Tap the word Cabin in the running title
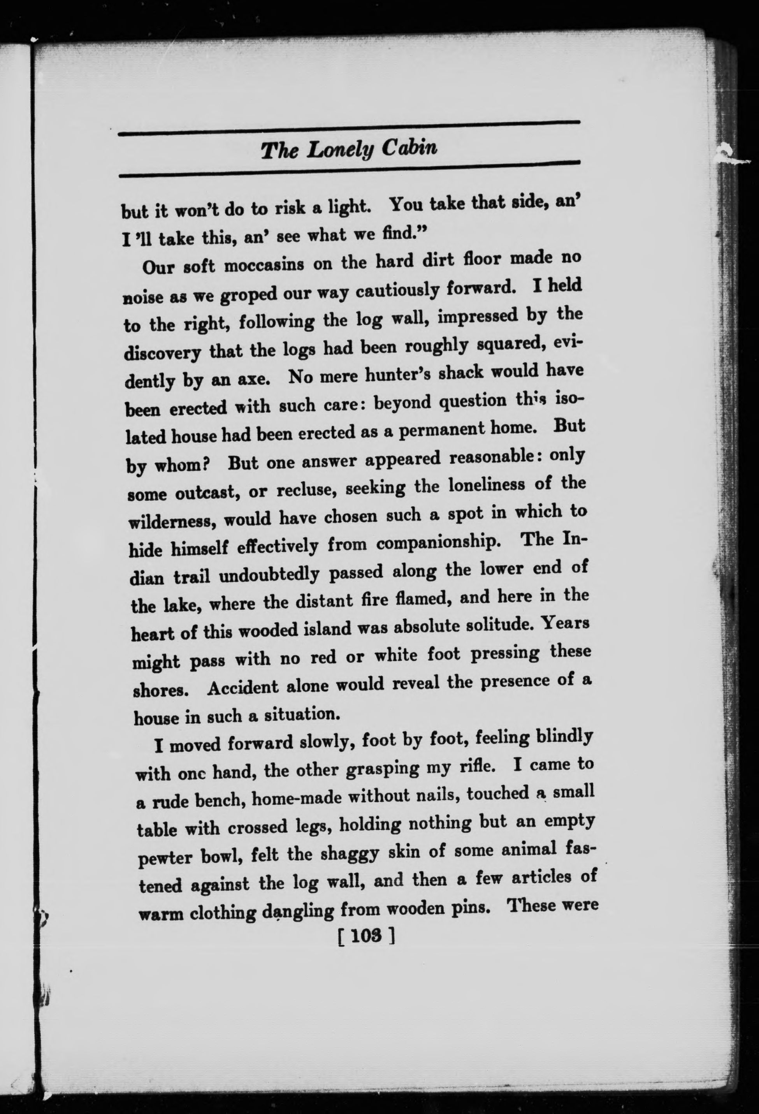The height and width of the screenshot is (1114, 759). (410, 148)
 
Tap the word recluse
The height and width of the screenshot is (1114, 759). (305, 491)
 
